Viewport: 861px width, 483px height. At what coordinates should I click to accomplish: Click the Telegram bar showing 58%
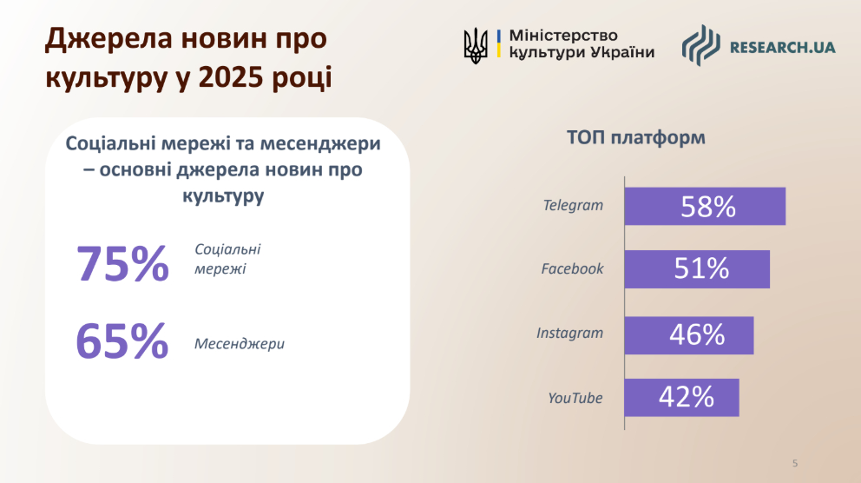pos(705,206)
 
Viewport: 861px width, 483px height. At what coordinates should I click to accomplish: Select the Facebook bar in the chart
pos(697,269)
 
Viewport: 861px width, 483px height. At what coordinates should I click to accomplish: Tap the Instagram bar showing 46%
pos(689,335)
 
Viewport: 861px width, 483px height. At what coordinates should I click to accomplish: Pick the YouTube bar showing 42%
pos(682,397)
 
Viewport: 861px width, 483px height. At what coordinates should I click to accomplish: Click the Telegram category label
pos(573,206)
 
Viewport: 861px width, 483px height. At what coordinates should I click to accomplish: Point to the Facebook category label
pos(572,268)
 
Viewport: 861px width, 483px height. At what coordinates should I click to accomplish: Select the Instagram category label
pos(569,333)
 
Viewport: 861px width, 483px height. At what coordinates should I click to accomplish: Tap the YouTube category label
pos(575,398)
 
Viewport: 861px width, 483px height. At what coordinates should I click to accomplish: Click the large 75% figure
pos(122,264)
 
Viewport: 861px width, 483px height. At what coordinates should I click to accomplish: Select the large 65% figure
pos(122,341)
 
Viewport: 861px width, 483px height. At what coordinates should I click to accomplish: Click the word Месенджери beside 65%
pos(240,344)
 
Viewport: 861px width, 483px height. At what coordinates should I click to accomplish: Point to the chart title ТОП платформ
pos(636,137)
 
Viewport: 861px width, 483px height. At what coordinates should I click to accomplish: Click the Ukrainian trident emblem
pos(476,46)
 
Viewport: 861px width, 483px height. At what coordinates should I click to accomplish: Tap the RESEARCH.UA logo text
pos(783,47)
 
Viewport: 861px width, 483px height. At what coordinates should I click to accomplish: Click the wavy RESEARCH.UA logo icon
pos(700,46)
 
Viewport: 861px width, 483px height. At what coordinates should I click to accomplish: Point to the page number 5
pos(794,463)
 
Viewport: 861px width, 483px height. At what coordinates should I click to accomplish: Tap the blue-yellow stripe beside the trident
pos(498,43)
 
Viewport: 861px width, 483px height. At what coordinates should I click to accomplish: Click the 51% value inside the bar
pos(701,269)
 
